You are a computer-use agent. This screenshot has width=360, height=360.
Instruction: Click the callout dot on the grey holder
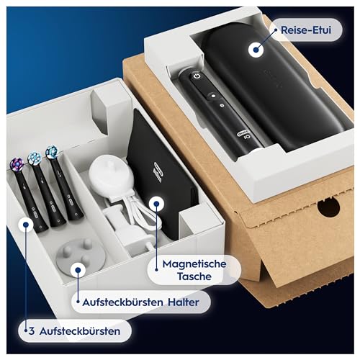(77, 271)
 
